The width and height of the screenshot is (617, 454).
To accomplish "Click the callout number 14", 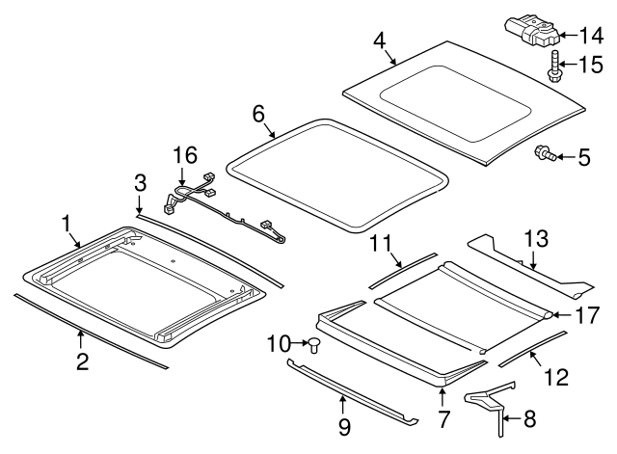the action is click(x=591, y=36).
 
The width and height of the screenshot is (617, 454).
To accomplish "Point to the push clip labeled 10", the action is click(x=314, y=345).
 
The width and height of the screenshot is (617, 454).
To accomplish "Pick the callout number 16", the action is click(x=185, y=155).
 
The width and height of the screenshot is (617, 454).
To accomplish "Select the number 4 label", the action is click(x=380, y=40).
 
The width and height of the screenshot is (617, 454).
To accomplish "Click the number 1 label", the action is click(x=67, y=224).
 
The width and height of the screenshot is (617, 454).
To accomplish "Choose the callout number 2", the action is click(x=83, y=361).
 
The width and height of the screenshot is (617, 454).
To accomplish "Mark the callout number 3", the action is click(x=141, y=182).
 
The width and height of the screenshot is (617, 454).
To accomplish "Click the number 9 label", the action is click(x=344, y=426).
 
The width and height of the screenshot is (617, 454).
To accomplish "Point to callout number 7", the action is click(x=443, y=419).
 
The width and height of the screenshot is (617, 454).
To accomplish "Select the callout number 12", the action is click(x=557, y=377).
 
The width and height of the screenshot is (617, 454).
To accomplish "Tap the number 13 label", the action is click(x=536, y=239).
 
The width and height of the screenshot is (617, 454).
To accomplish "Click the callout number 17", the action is click(x=588, y=315).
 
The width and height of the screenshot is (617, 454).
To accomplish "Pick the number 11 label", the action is click(x=382, y=243).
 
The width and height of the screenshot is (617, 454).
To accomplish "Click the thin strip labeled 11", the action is click(x=403, y=271).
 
